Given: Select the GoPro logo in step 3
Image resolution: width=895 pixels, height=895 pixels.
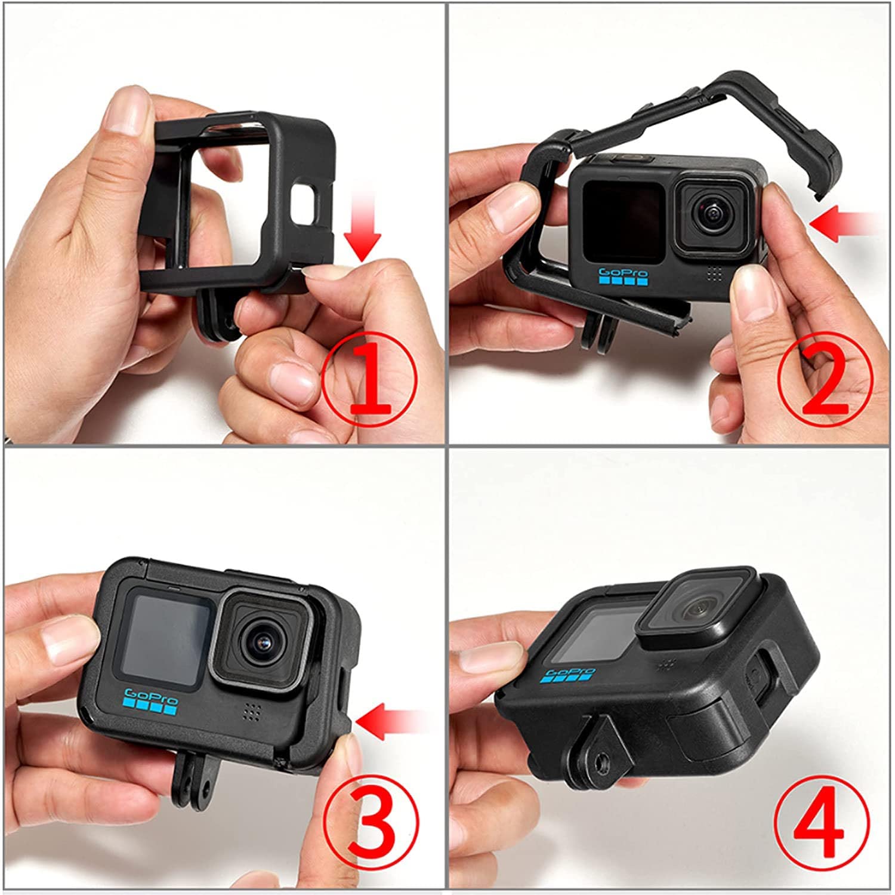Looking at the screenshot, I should (x=151, y=703).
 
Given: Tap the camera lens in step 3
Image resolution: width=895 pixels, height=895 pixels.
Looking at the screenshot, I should (x=264, y=640).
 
